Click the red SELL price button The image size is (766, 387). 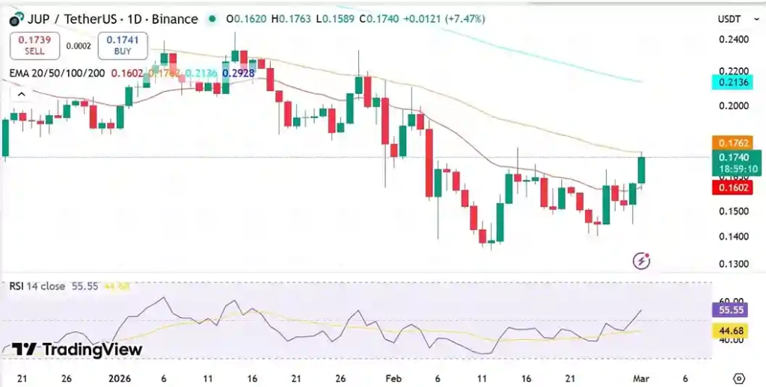[x=34, y=46]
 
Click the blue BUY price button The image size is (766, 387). [x=123, y=46]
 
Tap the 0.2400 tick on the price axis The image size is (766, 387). [x=733, y=40]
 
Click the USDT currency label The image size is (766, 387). [x=729, y=19]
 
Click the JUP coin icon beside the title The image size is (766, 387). [x=14, y=19]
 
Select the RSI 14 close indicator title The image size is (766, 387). [x=37, y=286]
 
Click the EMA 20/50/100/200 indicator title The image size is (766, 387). [x=57, y=73]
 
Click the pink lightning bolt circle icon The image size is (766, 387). [x=641, y=261]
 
